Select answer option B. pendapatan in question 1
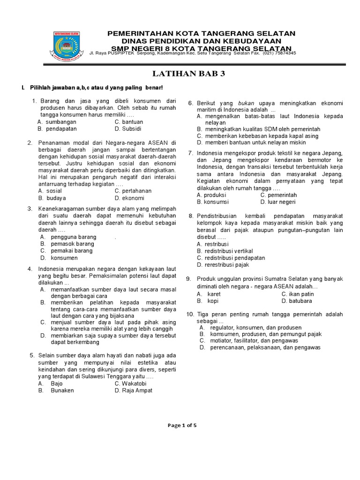(57, 128)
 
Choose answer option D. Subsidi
(128, 128)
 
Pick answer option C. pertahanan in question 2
(133, 191)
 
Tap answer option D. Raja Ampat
(134, 390)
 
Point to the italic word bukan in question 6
(246, 103)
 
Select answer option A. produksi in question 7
(211, 195)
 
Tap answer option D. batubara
(297, 301)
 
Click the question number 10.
(190, 314)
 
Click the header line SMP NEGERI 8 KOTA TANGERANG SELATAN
(202, 49)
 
